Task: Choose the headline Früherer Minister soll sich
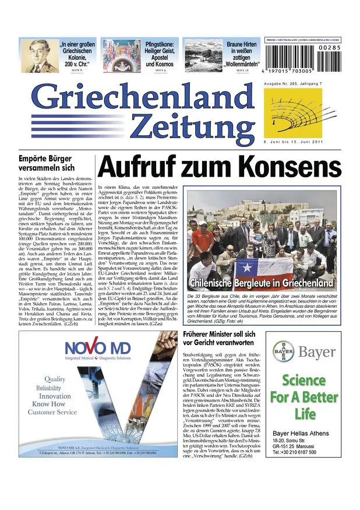pos(235,338)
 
